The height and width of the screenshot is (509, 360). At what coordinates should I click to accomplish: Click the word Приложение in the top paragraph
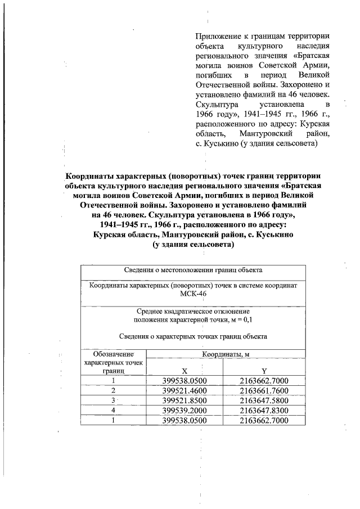[216, 35]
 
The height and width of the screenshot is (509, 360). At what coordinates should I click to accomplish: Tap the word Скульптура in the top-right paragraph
[218, 105]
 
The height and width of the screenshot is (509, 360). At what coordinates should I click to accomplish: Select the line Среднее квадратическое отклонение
[193, 311]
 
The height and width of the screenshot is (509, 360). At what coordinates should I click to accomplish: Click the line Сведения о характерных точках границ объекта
[193, 336]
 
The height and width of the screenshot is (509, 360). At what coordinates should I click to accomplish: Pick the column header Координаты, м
[226, 354]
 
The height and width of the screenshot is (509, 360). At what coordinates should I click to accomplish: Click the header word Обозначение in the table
[114, 354]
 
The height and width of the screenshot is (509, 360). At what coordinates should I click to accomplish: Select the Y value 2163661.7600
[264, 390]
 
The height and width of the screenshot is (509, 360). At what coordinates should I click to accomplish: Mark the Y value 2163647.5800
[264, 400]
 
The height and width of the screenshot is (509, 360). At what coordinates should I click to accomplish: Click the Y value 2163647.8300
[264, 411]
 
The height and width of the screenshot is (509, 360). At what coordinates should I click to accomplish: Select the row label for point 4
[114, 411]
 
